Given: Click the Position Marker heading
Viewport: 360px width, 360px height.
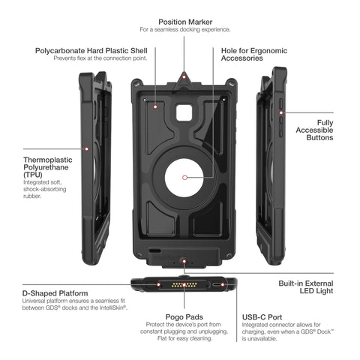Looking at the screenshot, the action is pos(185,22).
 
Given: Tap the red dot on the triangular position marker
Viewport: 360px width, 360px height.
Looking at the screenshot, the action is pos(184,76).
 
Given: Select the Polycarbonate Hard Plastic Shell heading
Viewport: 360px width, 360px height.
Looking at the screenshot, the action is pos(91,51).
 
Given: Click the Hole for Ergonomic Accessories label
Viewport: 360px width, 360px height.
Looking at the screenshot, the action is pos(254,54).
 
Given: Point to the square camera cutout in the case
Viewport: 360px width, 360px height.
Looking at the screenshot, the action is pos(184,112).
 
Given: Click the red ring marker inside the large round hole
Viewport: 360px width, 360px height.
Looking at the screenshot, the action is pos(184,178).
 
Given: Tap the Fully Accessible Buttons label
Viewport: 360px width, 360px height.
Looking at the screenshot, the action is pos(314,130).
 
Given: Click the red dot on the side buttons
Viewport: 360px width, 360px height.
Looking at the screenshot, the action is pos(281,112).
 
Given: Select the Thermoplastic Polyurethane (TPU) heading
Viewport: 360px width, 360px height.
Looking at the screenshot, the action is pos(47,167).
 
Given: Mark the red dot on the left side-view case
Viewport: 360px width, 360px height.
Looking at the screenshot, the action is pos(86,149).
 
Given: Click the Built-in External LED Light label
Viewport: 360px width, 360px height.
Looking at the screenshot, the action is pos(306,287).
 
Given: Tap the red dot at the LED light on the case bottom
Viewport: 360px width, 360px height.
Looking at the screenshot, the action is pos(184,261).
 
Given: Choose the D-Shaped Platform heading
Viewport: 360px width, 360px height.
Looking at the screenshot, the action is pos(55,293).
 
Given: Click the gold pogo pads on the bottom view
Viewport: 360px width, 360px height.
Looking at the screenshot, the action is pos(184,285).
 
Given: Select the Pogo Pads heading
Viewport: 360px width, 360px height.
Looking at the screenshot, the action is pos(184,317).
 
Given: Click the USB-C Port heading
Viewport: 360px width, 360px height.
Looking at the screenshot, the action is pos(262,317).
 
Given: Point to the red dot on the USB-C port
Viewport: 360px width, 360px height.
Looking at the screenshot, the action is pos(223,284).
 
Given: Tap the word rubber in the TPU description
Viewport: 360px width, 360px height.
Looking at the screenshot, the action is pos(32,196).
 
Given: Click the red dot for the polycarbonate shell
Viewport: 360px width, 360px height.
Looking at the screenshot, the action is pos(155,106).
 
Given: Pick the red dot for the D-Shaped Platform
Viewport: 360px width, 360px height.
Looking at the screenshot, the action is pos(158,284).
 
